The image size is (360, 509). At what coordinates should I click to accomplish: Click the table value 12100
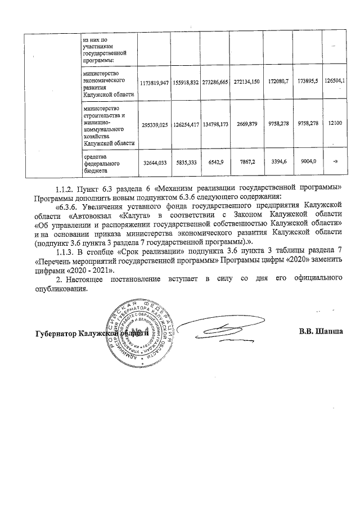[x=336, y=123]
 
